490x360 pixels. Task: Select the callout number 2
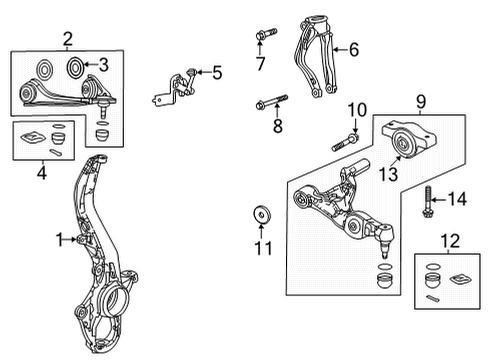tap(67, 39)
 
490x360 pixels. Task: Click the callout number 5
tap(217, 71)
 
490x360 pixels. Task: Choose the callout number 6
tap(352, 48)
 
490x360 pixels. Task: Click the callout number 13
tap(385, 174)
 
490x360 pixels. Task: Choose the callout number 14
tap(458, 200)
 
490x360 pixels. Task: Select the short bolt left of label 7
tap(262, 38)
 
